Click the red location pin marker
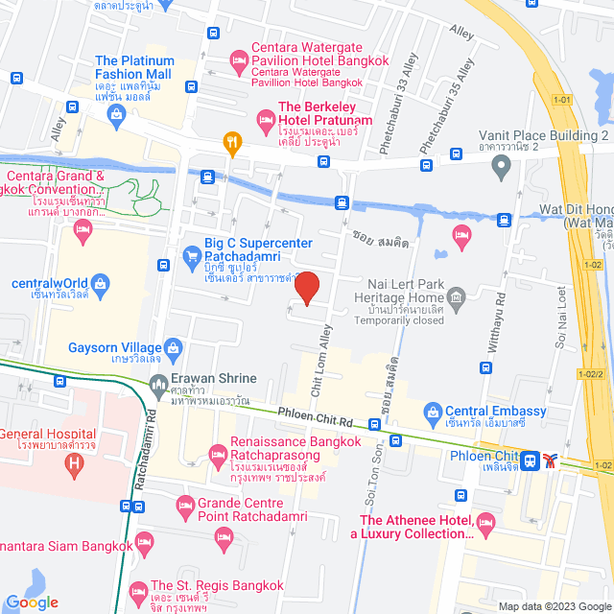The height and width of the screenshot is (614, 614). (306, 289)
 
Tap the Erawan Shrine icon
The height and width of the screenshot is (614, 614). (158, 386)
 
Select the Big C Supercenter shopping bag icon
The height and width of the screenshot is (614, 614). (191, 257)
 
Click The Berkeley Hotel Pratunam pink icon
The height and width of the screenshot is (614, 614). (265, 119)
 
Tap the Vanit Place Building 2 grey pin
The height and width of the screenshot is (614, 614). (499, 167)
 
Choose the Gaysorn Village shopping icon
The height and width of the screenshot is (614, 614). (174, 348)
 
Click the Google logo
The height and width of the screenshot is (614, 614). (34, 602)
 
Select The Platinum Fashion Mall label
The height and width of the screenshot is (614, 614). (133, 68)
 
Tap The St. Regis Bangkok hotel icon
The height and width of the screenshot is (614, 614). (137, 586)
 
